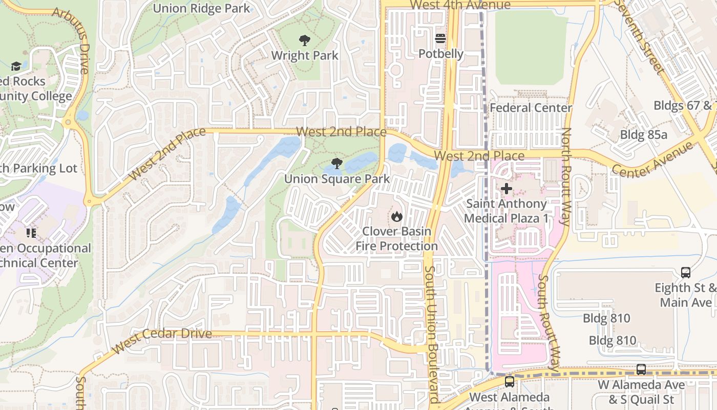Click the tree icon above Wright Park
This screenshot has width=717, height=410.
click(304, 40)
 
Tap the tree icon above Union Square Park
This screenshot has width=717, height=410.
click(336, 163)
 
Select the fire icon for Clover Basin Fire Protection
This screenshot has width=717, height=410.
click(396, 216)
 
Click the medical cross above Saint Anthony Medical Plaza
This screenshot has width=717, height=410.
click(506, 189)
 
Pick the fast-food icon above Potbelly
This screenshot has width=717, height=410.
click(440, 38)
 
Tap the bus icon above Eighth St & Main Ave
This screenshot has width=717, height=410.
click(685, 272)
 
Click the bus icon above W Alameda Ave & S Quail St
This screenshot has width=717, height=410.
click(641, 369)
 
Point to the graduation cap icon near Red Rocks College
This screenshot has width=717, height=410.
click(16, 66)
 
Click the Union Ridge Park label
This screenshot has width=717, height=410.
click(202, 8)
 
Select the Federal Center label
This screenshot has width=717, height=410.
click(531, 108)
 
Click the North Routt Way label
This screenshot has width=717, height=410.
click(566, 177)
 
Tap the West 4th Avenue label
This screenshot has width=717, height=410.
click(460, 5)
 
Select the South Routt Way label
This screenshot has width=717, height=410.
click(549, 323)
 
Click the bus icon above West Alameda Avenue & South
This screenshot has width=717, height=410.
click(509, 381)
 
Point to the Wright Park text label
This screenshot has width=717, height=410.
click(305, 55)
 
